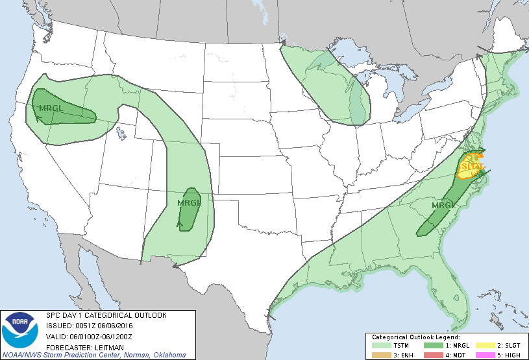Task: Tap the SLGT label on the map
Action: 472,167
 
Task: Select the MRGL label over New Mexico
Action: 190,202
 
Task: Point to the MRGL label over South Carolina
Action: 444,206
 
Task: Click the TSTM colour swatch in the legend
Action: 380,346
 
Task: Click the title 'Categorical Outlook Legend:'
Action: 415,337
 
